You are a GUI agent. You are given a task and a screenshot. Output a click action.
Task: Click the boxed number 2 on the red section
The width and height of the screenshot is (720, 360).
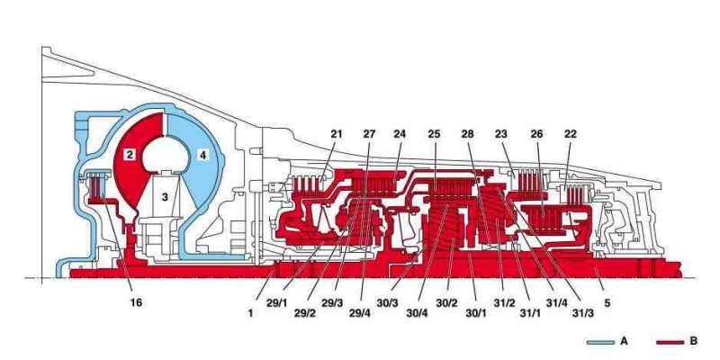click(130, 156)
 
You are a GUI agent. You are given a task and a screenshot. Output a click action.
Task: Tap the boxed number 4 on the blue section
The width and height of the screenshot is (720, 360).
click(203, 156)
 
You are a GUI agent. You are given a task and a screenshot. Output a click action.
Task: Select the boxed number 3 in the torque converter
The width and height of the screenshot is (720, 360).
click(165, 194)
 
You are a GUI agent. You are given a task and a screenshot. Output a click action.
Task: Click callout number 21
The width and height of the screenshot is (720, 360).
click(337, 135)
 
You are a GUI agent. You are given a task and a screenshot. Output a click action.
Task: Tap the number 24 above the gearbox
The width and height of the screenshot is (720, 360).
click(399, 135)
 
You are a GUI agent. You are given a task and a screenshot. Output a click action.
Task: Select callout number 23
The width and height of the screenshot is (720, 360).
click(501, 135)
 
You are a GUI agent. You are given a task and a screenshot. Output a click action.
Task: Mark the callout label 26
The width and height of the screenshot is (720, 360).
click(537, 135)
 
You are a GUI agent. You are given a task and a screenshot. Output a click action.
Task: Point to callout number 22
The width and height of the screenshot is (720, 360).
click(570, 135)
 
